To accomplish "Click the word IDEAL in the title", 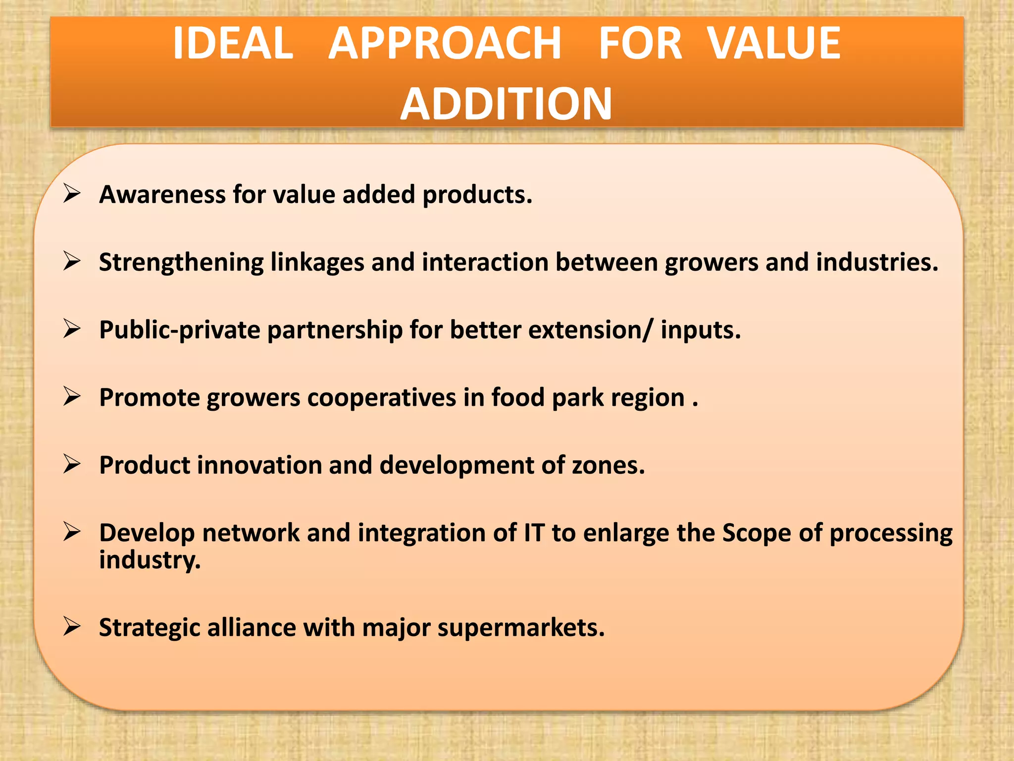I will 233,44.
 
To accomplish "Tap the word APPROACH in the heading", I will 445,44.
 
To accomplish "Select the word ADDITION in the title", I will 506,104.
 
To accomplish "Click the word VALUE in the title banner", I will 773,44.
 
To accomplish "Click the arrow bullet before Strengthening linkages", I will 72,261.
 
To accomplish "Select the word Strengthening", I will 181,263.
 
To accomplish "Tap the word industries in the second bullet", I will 876,262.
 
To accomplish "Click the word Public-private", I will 179,330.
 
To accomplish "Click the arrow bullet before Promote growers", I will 72,396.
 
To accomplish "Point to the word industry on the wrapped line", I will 150,560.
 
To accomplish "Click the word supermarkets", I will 520,628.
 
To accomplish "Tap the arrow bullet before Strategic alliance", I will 72,626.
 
